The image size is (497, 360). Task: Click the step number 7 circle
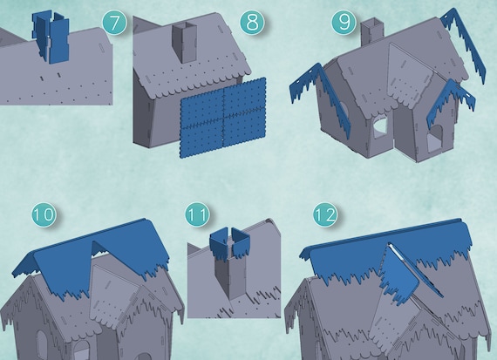114,23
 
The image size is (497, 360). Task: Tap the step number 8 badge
252,23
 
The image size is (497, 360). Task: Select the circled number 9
344,23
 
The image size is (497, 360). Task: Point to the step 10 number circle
44,214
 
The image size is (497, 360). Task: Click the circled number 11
197,214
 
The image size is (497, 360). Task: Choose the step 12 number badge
325,214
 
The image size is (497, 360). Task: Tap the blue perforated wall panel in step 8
223,118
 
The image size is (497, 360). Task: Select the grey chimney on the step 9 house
372,31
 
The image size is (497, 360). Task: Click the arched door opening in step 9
435,139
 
